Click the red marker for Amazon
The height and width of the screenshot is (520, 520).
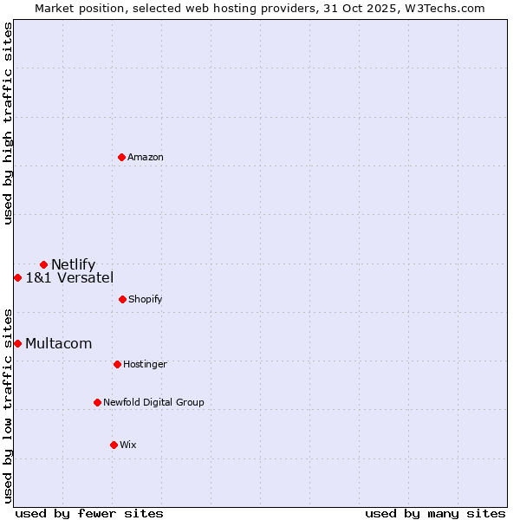pyautogui.click(x=122, y=157)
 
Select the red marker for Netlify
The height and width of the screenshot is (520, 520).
pyautogui.click(x=43, y=264)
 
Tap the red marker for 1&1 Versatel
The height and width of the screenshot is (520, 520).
pyautogui.click(x=17, y=277)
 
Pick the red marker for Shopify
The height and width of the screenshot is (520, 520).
pyautogui.click(x=122, y=299)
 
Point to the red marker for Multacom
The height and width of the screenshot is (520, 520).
pyautogui.click(x=17, y=343)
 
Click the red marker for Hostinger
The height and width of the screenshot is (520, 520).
pyautogui.click(x=117, y=364)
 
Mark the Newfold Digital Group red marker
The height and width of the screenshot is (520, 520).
pyautogui.click(x=97, y=402)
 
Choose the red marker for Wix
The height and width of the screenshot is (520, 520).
pyautogui.click(x=114, y=445)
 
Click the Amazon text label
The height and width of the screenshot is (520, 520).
pyautogui.click(x=146, y=157)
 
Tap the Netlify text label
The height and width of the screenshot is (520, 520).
pyautogui.click(x=73, y=264)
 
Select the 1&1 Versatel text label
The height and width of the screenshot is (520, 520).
pyautogui.click(x=69, y=277)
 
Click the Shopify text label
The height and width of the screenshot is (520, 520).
pyautogui.click(x=146, y=299)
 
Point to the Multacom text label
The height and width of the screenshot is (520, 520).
pyautogui.click(x=58, y=343)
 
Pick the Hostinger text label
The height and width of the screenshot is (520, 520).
pyautogui.click(x=145, y=364)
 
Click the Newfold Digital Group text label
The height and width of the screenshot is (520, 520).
pyautogui.click(x=153, y=402)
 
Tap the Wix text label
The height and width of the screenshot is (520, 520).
pyautogui.click(x=128, y=445)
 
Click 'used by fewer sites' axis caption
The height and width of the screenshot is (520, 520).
pyautogui.click(x=89, y=513)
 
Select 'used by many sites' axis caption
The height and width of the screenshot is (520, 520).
pyautogui.click(x=435, y=513)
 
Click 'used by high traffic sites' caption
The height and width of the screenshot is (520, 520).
pyautogui.click(x=8, y=123)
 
